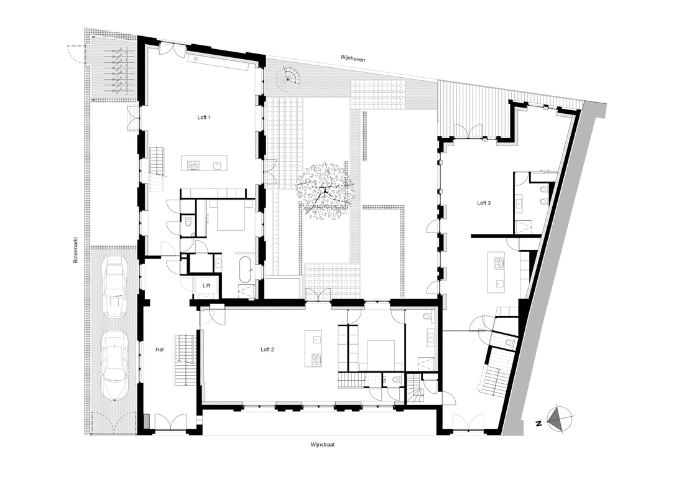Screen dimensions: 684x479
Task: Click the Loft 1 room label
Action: (204, 118)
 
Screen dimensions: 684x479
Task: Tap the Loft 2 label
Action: (267, 350)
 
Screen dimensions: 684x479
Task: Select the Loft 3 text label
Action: (484, 203)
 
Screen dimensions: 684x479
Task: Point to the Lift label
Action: (206, 286)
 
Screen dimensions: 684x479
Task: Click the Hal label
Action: (160, 350)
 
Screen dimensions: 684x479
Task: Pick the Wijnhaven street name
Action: (353, 58)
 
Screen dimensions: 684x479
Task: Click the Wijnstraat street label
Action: (323, 445)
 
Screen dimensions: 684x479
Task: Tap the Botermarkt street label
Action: (75, 250)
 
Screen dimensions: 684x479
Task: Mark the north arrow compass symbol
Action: (558, 419)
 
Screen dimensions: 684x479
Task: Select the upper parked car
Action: (114, 287)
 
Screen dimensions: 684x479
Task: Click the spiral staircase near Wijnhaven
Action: (289, 77)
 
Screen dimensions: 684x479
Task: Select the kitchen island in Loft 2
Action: (315, 348)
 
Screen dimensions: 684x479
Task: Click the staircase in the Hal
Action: (183, 360)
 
